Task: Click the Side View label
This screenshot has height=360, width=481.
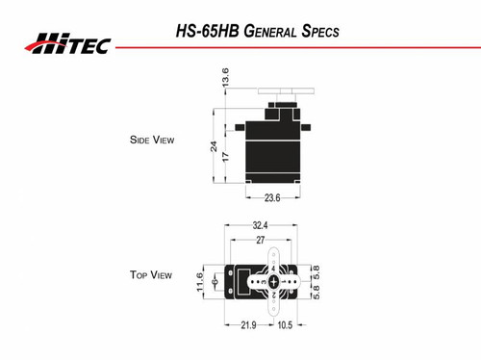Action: [x=151, y=140]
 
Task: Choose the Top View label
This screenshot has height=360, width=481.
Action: [x=151, y=275]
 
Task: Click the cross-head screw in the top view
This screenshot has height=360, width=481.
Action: [x=274, y=282]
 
